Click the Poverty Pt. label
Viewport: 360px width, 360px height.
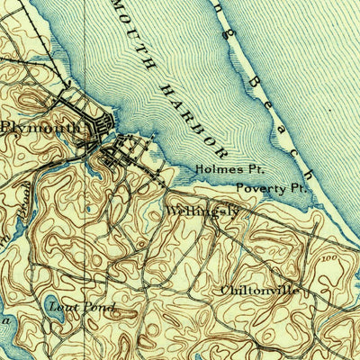tap(272, 189)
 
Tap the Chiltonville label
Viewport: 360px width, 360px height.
tap(258, 291)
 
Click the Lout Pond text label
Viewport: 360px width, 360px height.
tap(82, 309)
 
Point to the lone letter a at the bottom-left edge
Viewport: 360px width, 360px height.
tap(6, 319)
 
